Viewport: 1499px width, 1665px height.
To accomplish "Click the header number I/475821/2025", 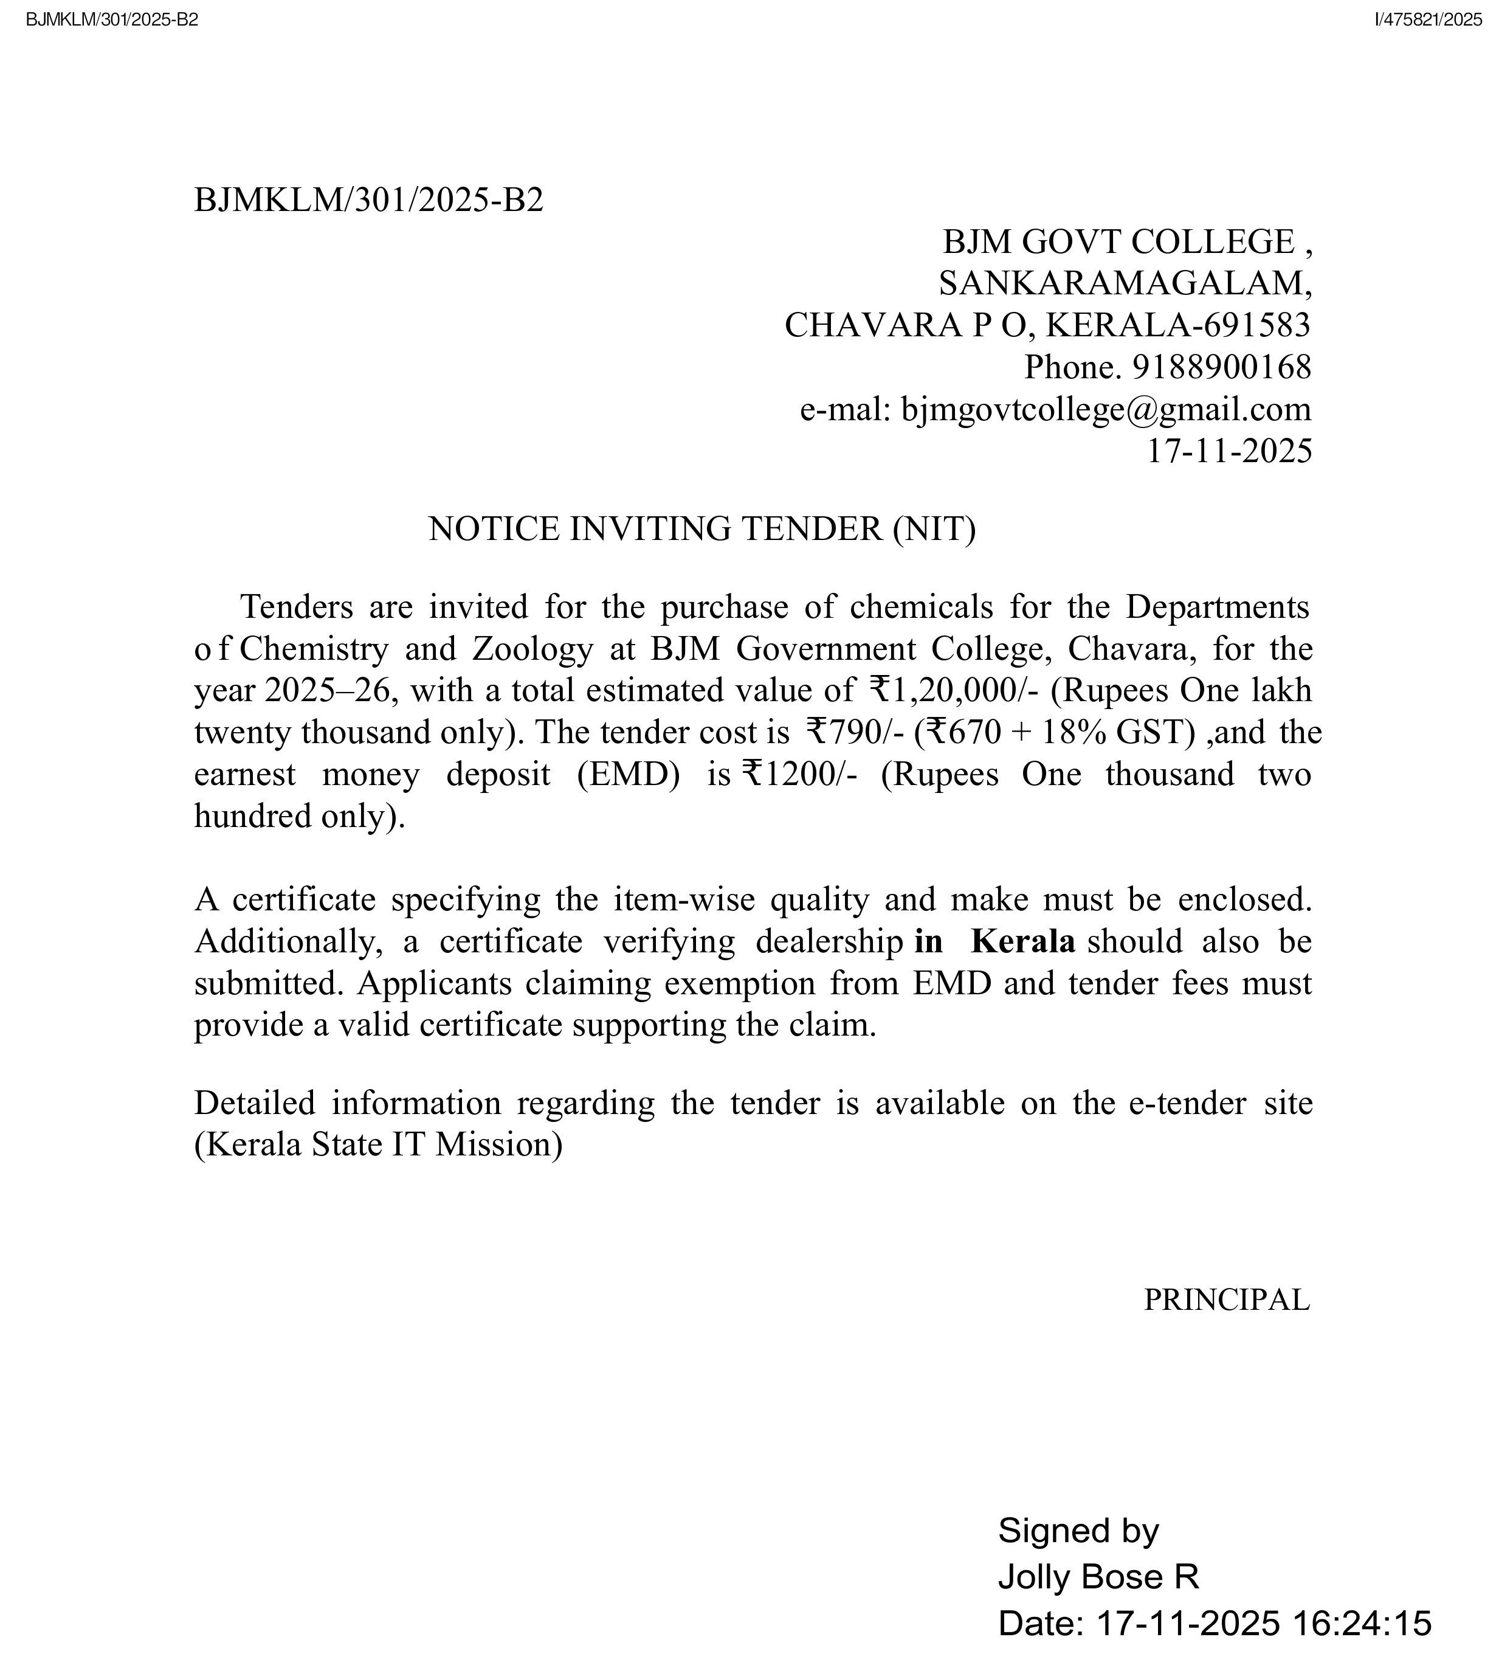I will [1427, 21].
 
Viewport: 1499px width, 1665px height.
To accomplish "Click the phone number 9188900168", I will [1221, 367].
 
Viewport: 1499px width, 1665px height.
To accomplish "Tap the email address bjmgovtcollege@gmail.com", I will [1106, 409].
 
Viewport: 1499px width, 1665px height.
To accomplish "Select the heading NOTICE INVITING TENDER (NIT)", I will [701, 529].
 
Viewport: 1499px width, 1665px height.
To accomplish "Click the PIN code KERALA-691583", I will [1178, 325].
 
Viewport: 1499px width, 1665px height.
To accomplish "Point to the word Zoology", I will [532, 649].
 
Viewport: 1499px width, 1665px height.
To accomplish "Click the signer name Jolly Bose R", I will [1098, 1577].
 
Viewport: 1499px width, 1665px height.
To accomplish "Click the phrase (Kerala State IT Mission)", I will [378, 1144].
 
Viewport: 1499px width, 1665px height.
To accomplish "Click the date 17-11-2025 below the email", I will [1229, 451].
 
